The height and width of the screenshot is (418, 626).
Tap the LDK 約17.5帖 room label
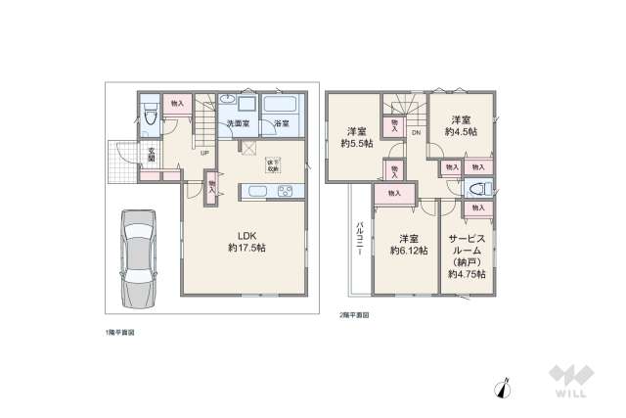tap(246, 241)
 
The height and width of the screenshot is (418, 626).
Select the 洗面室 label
tap(240, 124)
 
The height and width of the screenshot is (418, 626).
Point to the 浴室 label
tap(281, 124)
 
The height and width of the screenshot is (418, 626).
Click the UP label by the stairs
tap(204, 153)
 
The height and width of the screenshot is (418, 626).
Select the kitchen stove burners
tap(285, 190)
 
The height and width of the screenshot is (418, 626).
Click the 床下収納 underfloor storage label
tap(271, 165)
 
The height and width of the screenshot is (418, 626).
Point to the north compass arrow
tap(506, 388)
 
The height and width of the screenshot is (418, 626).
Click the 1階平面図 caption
tap(119, 333)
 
